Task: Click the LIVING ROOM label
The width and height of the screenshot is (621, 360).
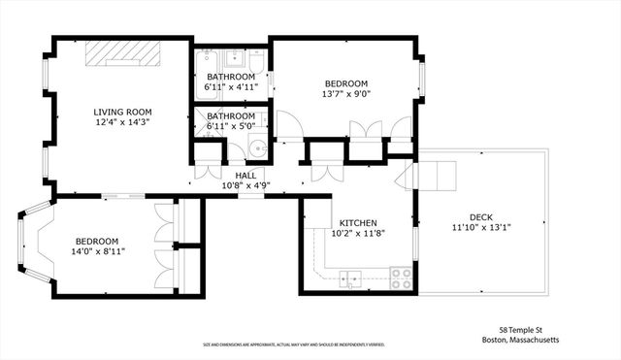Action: tap(122, 112)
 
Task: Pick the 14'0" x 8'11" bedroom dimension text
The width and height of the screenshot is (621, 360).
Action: tap(96, 252)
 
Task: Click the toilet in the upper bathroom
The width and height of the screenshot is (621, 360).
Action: tap(267, 83)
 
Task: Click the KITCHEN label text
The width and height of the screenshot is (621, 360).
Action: tap(357, 222)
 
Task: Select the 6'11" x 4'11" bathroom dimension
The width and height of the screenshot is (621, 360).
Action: tap(230, 87)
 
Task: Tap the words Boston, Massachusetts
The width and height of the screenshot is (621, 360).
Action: tap(521, 341)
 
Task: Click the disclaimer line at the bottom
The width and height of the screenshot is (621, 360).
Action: tap(292, 344)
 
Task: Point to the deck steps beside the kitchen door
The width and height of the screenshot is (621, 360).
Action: tap(432, 176)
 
